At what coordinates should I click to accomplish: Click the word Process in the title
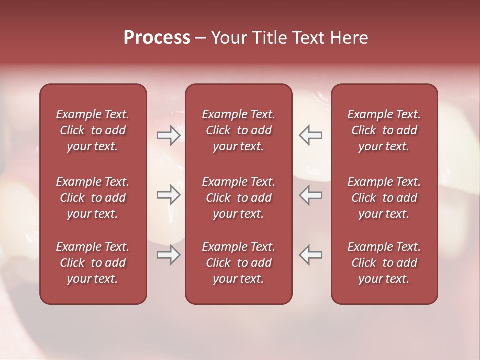(x=157, y=38)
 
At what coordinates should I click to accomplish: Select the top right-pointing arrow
(x=168, y=135)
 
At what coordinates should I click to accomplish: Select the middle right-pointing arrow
(x=168, y=195)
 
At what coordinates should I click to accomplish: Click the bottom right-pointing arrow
(x=168, y=255)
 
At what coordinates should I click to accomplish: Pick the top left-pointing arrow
(x=310, y=135)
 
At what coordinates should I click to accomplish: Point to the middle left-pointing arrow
(x=310, y=195)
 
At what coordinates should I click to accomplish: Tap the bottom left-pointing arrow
(x=310, y=255)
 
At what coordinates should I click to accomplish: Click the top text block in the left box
(x=93, y=130)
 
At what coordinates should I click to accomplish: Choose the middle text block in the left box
(x=93, y=198)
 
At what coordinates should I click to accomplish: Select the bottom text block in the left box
(x=93, y=263)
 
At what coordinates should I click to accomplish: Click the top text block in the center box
(x=238, y=130)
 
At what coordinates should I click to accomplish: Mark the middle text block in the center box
(x=238, y=198)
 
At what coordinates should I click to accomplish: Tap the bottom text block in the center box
(x=238, y=263)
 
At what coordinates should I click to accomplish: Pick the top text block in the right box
(x=384, y=130)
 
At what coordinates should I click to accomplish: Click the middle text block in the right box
(x=384, y=198)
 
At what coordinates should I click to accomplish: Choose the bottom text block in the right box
(x=384, y=263)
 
